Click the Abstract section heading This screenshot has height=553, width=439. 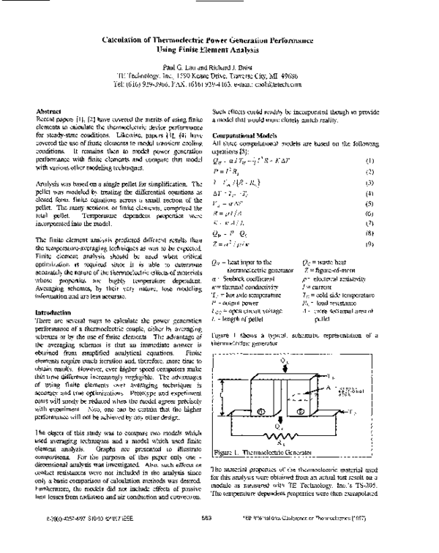tap(48, 110)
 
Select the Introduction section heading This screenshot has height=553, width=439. tap(53, 291)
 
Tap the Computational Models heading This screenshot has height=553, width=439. tap(244, 136)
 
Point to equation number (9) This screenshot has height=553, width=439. tap(370, 243)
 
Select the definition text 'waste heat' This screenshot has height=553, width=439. tap(337, 261)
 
